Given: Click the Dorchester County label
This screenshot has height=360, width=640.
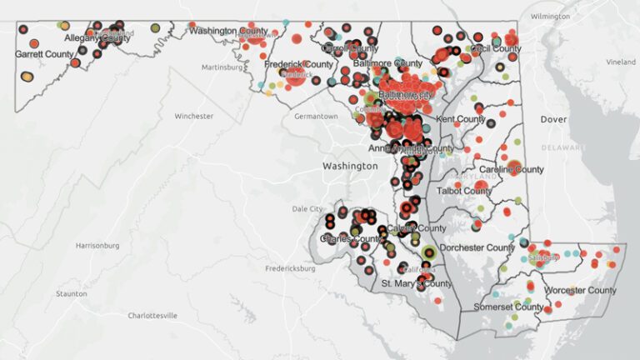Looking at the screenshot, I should [477, 247].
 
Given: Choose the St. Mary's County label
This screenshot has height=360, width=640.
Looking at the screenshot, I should [417, 284].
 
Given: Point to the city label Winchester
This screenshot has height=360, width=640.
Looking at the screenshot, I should [194, 116].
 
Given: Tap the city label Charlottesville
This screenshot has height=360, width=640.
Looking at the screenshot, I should [152, 316].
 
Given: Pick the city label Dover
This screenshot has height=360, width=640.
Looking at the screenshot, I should [553, 120].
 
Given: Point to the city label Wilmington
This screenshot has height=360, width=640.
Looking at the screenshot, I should [551, 17].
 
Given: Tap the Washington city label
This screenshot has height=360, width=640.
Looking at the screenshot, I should [350, 167].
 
